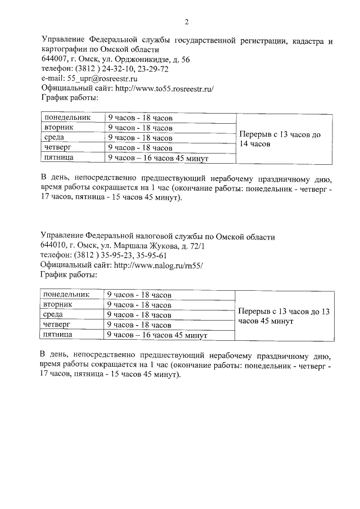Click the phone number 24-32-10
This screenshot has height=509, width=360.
click(x=118, y=69)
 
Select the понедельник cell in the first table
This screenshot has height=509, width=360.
click(x=68, y=118)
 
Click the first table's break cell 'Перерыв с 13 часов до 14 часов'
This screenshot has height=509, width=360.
click(x=279, y=139)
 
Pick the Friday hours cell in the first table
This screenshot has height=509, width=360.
click(x=158, y=159)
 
